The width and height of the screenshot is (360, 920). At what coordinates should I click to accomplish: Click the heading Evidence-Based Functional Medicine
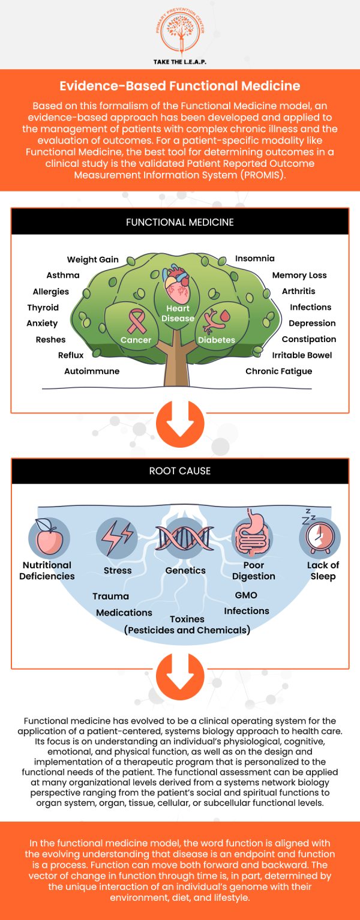click(x=180, y=86)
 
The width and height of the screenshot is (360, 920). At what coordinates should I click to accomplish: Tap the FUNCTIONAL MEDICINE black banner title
click(x=180, y=222)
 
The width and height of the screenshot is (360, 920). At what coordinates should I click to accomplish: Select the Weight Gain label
click(x=93, y=260)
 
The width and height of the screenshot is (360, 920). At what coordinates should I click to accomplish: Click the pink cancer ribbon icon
click(x=135, y=320)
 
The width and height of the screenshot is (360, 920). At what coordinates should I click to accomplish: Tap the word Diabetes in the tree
click(x=217, y=340)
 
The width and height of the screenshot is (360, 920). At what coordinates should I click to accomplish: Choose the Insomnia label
click(x=254, y=259)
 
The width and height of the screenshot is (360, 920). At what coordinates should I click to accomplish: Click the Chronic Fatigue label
click(x=278, y=371)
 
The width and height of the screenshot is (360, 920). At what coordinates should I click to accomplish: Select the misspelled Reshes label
click(x=50, y=340)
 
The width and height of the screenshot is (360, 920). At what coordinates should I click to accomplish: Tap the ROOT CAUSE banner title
click(x=180, y=471)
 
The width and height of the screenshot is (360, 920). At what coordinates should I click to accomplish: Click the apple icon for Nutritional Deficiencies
click(x=47, y=535)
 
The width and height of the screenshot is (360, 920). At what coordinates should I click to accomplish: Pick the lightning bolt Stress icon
click(x=117, y=537)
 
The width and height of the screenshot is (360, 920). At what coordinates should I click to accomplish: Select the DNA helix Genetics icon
click(x=185, y=536)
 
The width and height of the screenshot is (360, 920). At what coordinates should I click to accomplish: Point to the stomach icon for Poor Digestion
click(x=251, y=535)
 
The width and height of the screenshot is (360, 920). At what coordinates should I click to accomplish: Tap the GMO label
click(x=246, y=595)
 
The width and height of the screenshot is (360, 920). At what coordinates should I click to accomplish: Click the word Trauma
click(x=110, y=597)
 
